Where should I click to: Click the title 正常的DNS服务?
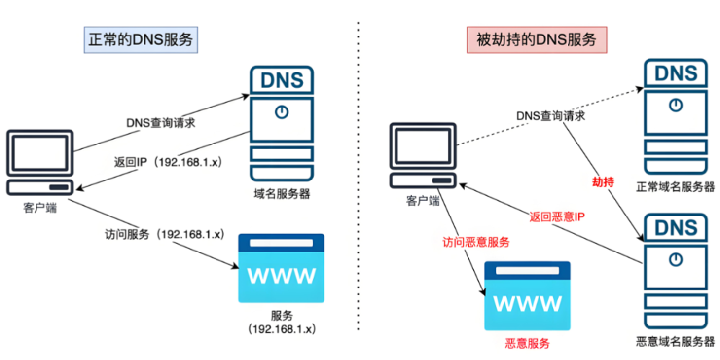click(x=139, y=40)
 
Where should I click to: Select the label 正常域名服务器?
click(x=675, y=186)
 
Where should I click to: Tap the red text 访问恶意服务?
click(x=476, y=242)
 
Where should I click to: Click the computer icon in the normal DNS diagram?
click(x=39, y=162)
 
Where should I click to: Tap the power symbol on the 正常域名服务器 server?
click(x=675, y=104)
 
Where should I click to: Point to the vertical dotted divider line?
click(x=358, y=180)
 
